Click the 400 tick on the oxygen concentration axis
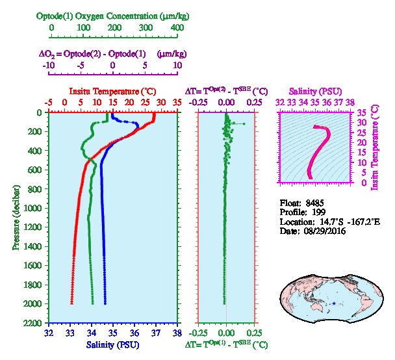coord(177,28)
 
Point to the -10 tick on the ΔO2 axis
coord(49,66)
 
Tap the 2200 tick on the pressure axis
coord(35,323)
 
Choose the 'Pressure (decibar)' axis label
coord(16,218)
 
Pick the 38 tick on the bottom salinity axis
coord(177,333)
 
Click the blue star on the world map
coord(333,303)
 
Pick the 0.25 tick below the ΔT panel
coord(253,333)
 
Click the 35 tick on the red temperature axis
coord(177,102)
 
